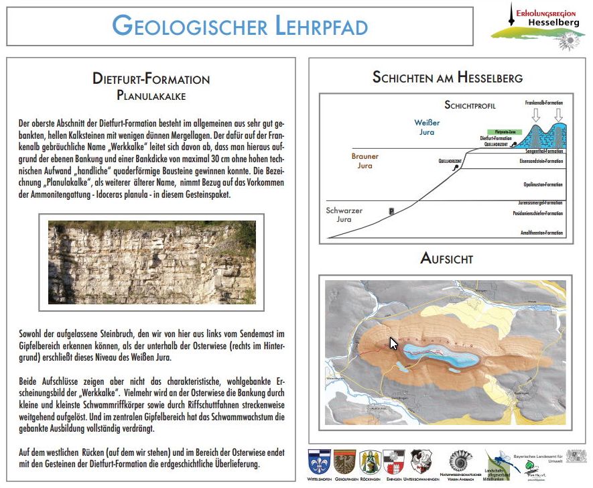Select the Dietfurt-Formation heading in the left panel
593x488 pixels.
pos(151,79)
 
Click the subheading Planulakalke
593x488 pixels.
pos(151,95)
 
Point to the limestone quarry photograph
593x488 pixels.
pos(152,262)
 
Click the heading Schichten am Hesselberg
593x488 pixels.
pos(447,78)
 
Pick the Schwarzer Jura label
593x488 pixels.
pos(344,215)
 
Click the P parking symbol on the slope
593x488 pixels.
pos(391,211)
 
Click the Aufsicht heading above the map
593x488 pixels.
pos(447,258)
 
